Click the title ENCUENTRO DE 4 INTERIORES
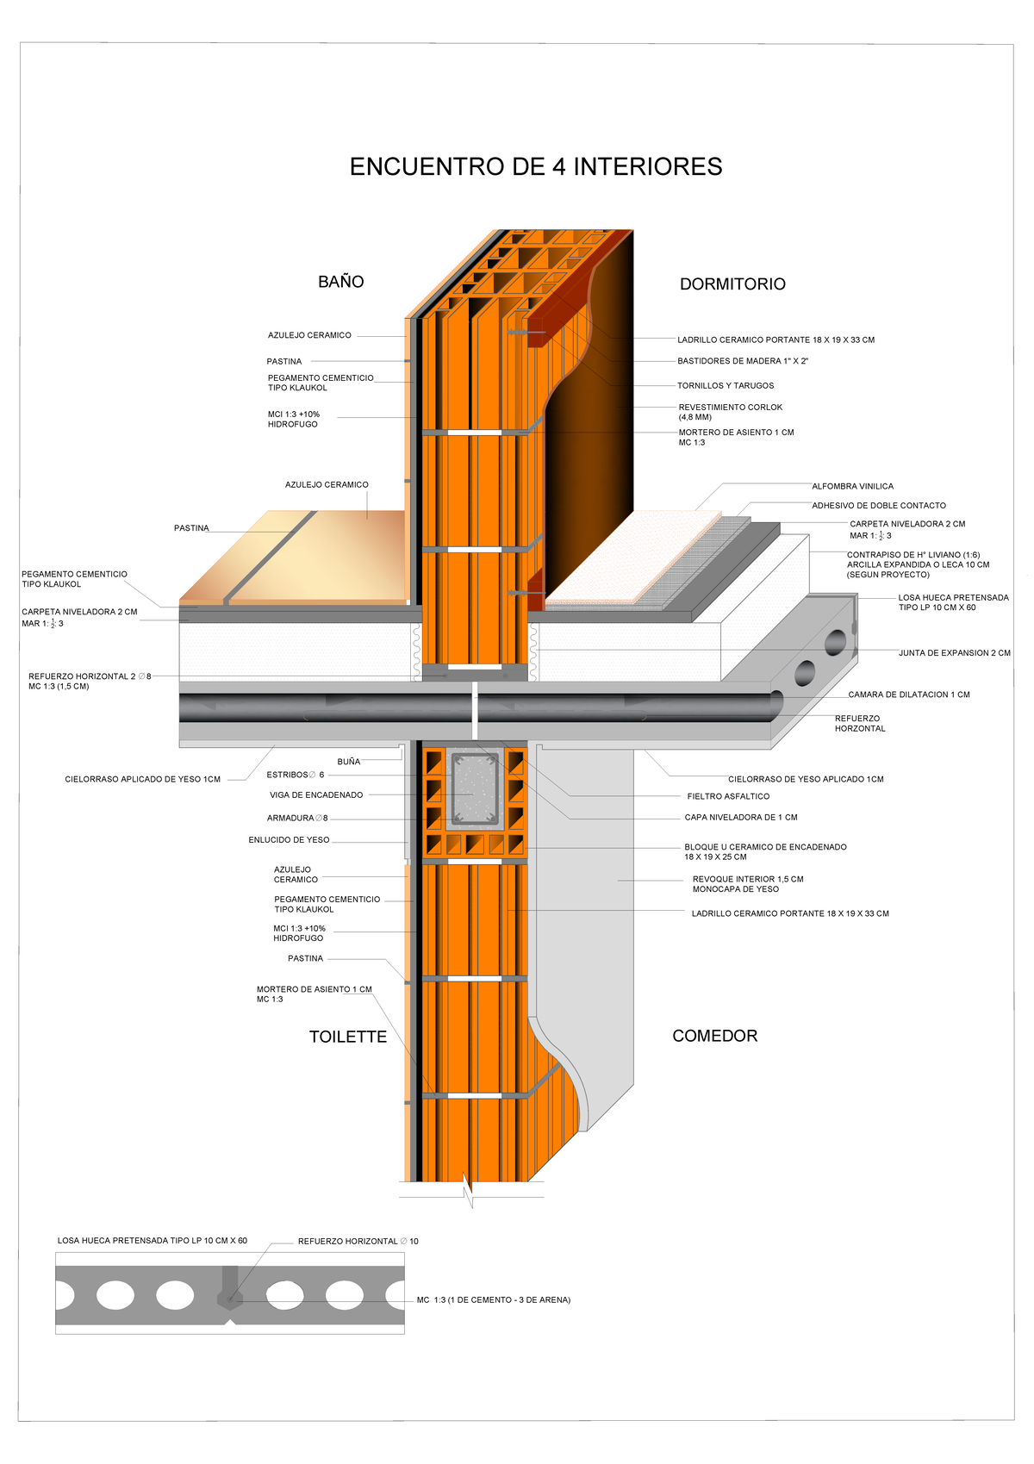click(x=535, y=166)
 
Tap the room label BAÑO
click(x=340, y=282)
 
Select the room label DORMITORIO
click(x=732, y=284)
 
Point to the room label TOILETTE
click(x=348, y=1037)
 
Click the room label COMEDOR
click(x=714, y=1036)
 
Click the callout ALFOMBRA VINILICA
click(x=852, y=487)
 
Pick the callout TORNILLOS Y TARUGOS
click(x=726, y=386)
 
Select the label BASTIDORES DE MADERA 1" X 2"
click(x=742, y=361)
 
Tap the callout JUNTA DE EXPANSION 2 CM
click(x=954, y=653)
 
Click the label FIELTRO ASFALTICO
click(x=728, y=797)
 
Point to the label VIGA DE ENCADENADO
click(x=316, y=795)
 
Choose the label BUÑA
click(x=349, y=762)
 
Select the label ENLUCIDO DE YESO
click(x=289, y=840)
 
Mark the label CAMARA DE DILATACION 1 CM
click(x=908, y=695)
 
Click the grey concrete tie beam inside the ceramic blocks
click(x=472, y=790)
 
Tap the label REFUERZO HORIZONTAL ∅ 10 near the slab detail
click(x=358, y=1242)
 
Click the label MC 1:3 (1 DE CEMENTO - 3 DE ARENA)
click(x=493, y=1300)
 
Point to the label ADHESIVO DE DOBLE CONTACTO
click(x=878, y=506)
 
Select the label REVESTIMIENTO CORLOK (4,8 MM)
click(x=730, y=412)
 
